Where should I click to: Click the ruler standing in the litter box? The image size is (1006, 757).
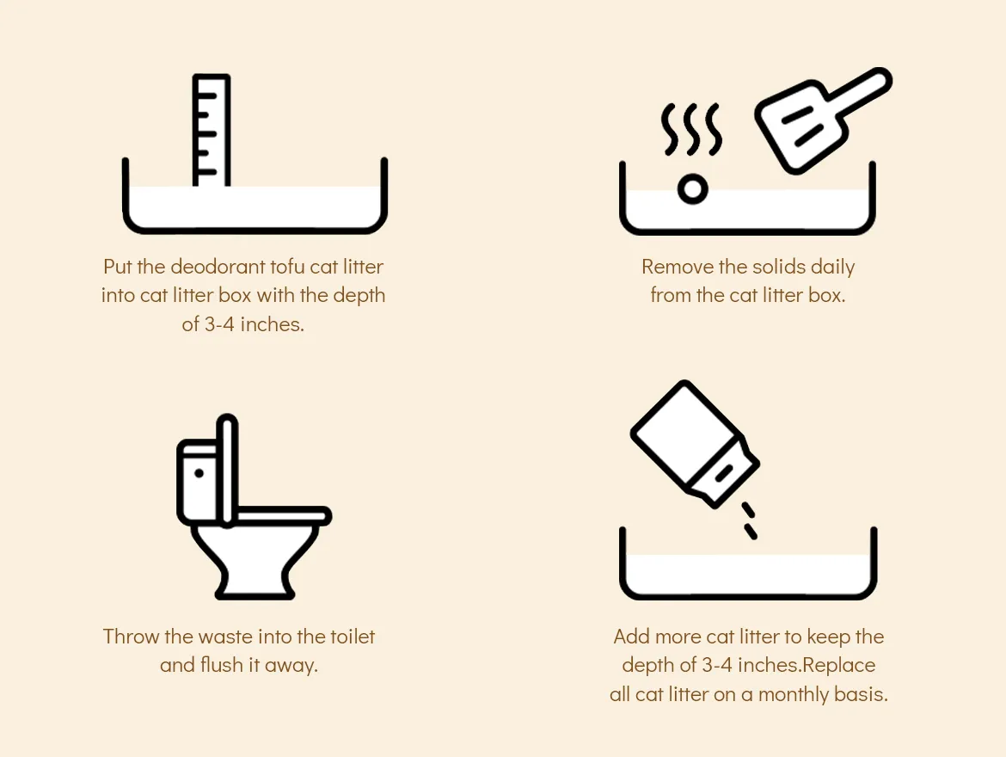tap(211, 131)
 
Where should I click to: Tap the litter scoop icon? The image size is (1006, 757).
tap(823, 120)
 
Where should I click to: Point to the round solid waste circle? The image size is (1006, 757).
tap(692, 189)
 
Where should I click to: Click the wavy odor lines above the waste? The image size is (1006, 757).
tap(691, 129)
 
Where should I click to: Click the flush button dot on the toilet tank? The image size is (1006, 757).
tap(199, 473)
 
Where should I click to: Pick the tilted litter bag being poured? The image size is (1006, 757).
tap(695, 444)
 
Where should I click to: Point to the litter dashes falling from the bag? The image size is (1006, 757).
tap(749, 520)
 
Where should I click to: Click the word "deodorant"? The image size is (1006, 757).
tap(218, 267)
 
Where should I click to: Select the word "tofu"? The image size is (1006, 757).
tap(287, 267)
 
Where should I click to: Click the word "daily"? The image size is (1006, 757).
tap(833, 268)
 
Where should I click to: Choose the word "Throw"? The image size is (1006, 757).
tap(131, 637)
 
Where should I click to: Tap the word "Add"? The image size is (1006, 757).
tap(631, 637)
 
